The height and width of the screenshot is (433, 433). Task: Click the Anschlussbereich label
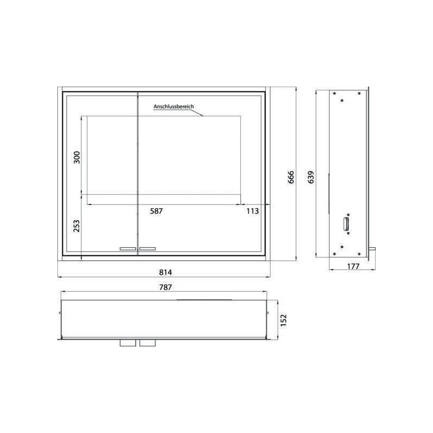pyautogui.click(x=174, y=106)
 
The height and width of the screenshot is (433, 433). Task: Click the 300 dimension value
pyautogui.click(x=77, y=158)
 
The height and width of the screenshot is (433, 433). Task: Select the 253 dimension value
pyautogui.click(x=76, y=226)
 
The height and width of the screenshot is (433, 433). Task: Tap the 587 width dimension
pyautogui.click(x=156, y=211)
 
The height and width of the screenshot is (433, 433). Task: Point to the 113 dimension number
pyautogui.click(x=253, y=211)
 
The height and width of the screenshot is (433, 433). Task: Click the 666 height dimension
pyautogui.click(x=291, y=178)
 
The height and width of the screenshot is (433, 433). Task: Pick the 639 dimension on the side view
pyautogui.click(x=311, y=178)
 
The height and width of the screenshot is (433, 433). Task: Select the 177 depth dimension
pyautogui.click(x=353, y=266)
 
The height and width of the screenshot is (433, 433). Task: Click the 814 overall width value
pyautogui.click(x=166, y=273)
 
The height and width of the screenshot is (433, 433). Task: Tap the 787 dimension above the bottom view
pyautogui.click(x=166, y=287)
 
